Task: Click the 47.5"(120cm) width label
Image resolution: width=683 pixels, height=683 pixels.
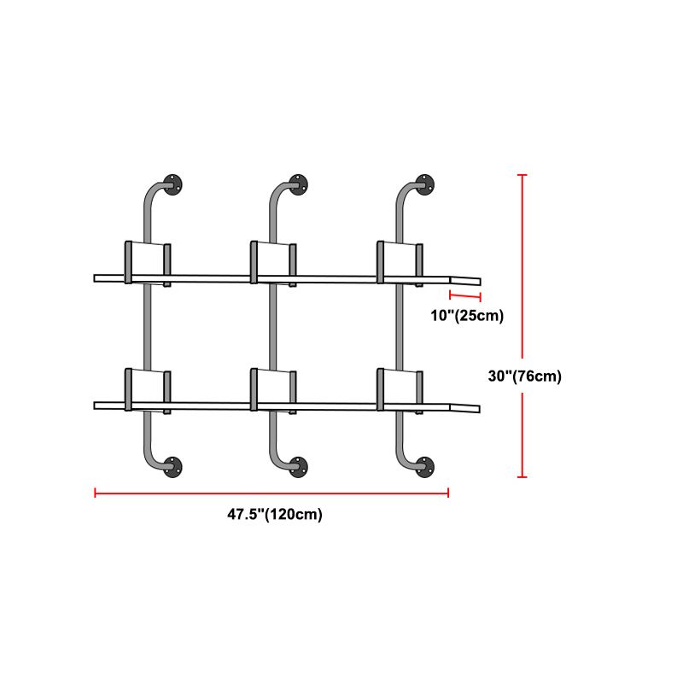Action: [x=275, y=514]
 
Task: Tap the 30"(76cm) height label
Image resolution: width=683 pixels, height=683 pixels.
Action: [x=524, y=376]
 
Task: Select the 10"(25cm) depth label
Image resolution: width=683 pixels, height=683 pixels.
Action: [x=467, y=315]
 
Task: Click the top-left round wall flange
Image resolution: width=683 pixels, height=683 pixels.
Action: [x=172, y=184]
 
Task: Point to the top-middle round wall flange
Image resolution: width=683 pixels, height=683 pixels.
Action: [x=298, y=184]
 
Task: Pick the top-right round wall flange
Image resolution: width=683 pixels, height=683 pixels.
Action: [x=424, y=184]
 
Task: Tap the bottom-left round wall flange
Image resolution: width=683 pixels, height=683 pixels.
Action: [x=172, y=466]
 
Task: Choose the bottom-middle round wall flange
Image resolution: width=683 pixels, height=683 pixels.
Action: [x=298, y=466]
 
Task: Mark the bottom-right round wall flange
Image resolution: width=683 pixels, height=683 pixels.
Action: [x=424, y=466]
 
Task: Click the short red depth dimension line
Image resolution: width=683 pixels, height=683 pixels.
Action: [x=465, y=296]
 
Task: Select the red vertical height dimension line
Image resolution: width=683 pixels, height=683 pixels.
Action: [x=522, y=326]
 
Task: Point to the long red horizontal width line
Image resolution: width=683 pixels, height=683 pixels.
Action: [x=271, y=493]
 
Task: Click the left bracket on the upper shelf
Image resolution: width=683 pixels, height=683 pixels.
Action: [x=148, y=264]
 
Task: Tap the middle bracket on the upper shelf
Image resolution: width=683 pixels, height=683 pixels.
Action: [x=273, y=264]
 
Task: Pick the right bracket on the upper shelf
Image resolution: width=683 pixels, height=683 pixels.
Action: [x=400, y=264]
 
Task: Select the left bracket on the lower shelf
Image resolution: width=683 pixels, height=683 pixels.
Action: [x=148, y=391]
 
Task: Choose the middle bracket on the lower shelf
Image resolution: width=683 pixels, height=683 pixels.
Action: [x=273, y=391]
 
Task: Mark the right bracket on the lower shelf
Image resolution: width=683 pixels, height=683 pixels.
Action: [x=400, y=391]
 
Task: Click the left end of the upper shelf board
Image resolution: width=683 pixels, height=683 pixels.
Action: [x=95, y=278]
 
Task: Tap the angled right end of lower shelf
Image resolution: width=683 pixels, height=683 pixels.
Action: [x=464, y=407]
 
